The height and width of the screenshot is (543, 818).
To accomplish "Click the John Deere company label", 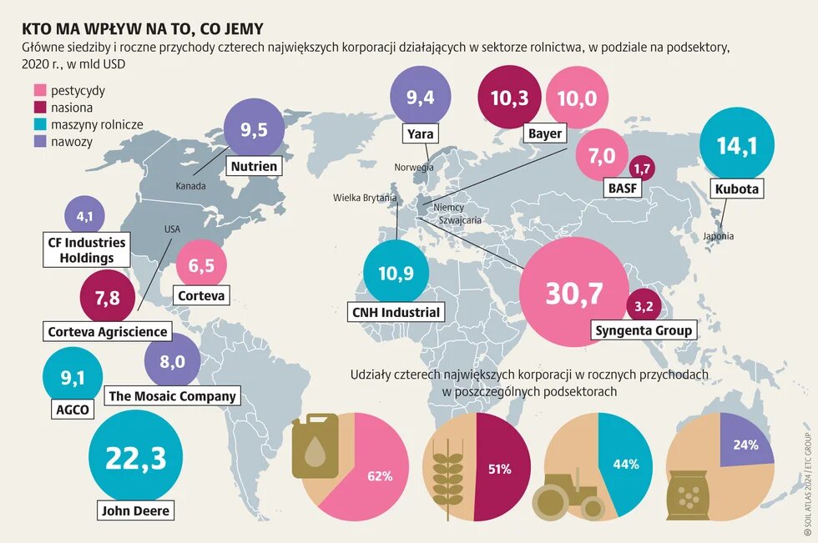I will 134,510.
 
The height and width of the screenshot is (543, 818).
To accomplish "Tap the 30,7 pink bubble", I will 573,293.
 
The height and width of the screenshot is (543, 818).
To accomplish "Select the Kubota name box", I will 737,189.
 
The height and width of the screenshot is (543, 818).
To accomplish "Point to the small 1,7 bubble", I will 642,169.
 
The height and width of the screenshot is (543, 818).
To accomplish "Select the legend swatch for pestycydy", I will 38,91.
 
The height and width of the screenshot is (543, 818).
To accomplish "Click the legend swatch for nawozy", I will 38,142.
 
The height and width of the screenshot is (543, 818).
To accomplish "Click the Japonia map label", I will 717,236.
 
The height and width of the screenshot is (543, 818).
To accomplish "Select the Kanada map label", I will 190,186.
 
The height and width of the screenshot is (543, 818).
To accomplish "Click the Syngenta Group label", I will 644,330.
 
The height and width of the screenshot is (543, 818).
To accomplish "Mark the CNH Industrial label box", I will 395,313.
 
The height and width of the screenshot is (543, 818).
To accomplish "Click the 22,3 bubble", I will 134,457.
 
